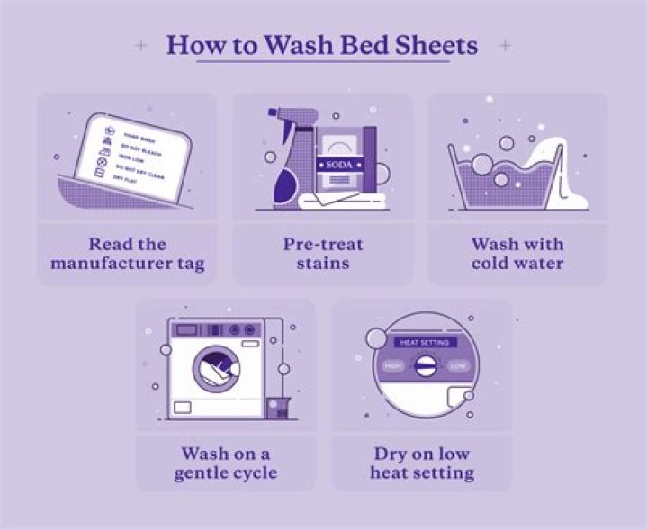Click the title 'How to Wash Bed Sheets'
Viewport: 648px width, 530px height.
point(323,45)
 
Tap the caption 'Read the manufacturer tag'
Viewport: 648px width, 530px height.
point(127,254)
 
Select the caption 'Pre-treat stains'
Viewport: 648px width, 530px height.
point(322,254)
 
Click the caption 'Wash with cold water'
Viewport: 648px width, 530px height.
point(517,254)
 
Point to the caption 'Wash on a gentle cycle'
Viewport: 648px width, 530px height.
point(225,463)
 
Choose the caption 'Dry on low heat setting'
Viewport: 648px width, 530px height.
point(421,463)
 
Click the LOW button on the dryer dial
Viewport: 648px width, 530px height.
point(457,366)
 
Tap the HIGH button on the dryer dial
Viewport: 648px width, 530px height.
point(392,366)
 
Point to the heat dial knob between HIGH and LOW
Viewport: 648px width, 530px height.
point(424,366)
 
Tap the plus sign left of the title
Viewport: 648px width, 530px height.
point(139,45)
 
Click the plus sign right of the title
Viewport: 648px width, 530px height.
point(506,45)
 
